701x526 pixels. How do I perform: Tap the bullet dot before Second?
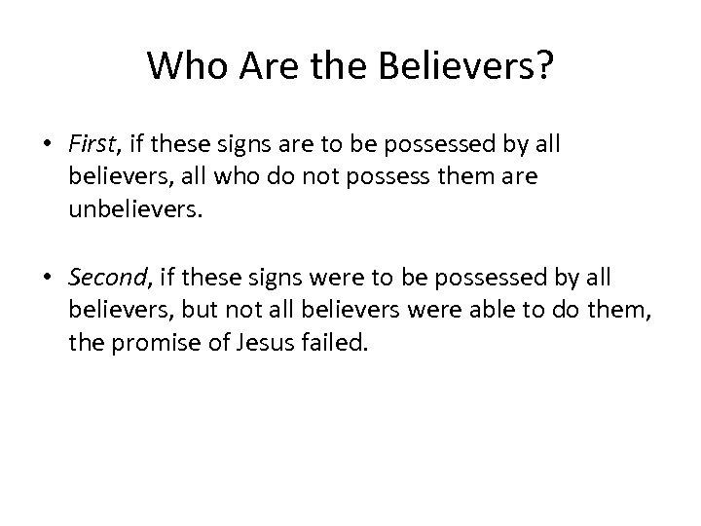[x=47, y=277]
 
